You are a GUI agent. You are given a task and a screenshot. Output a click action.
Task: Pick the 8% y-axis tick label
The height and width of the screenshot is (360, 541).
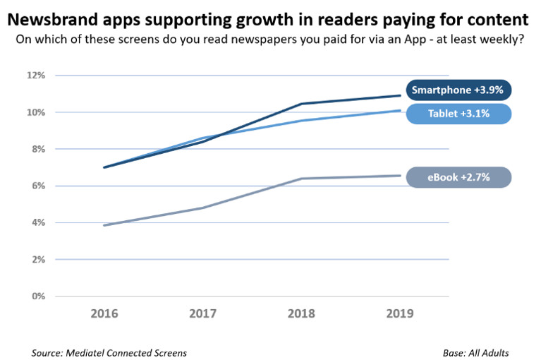(x=38, y=149)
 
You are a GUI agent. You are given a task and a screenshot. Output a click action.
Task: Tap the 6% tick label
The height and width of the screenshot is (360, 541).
(x=38, y=186)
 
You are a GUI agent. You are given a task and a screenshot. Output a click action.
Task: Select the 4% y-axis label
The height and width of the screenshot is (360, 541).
(x=38, y=222)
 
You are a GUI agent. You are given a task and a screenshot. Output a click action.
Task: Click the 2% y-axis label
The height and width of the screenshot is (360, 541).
(x=38, y=259)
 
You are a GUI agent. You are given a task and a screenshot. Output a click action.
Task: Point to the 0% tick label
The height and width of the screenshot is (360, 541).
(x=38, y=296)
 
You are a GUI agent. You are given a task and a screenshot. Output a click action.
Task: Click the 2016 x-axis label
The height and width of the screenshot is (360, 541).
(x=104, y=313)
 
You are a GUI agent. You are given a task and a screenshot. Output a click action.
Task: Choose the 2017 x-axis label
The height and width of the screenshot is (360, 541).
(x=203, y=313)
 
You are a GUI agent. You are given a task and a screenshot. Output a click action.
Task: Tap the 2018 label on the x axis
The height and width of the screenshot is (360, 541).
(x=302, y=313)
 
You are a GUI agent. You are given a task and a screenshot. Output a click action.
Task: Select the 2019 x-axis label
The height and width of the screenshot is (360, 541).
(x=401, y=313)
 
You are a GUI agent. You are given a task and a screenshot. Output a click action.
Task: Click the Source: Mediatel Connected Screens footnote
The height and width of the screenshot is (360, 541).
(x=109, y=352)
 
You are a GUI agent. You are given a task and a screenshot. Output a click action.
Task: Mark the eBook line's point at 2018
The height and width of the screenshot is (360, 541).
(x=302, y=179)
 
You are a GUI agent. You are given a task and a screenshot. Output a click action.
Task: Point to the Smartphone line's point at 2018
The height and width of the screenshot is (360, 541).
(x=302, y=104)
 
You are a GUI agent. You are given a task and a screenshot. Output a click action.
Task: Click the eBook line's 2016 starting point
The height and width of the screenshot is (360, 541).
(x=104, y=225)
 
